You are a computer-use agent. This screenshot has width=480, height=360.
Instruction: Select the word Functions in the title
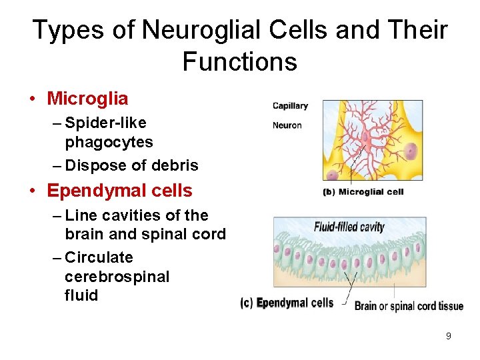point(239,62)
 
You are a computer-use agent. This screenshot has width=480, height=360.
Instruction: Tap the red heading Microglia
point(87,99)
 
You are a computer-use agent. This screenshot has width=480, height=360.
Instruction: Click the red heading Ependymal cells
point(119,191)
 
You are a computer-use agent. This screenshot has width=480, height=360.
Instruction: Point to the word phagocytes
point(109,142)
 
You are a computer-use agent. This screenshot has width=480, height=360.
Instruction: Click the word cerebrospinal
point(117,276)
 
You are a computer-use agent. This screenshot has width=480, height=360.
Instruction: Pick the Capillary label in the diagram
point(290,106)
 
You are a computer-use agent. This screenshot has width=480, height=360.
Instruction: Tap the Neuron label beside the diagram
point(287,125)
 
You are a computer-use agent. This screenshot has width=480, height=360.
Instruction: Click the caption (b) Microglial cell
point(363,192)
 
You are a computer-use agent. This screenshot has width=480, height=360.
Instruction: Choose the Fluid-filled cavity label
point(349,227)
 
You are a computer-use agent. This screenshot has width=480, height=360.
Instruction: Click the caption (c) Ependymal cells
point(287,303)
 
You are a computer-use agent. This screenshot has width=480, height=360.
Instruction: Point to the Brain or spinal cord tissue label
point(409,306)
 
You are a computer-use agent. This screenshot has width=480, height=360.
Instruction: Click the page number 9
point(448,336)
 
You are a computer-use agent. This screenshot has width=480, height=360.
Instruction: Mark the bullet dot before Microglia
point(32,99)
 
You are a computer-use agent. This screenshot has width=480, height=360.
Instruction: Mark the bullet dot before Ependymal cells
point(32,191)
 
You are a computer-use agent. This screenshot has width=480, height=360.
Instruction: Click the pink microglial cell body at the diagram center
point(365,142)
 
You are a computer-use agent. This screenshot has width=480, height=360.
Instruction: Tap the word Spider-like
point(106,123)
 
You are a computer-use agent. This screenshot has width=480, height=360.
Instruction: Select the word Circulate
point(99,257)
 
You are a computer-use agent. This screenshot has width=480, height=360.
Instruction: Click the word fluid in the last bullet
point(81,295)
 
